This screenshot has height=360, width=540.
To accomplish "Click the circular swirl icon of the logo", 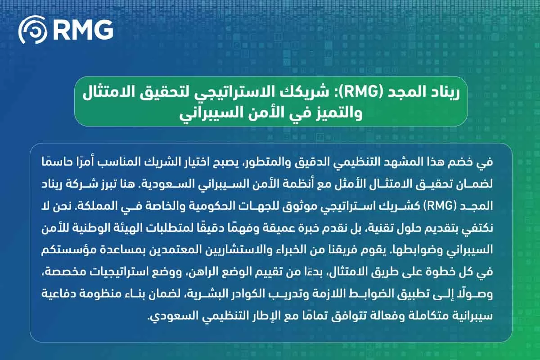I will [x=33, y=30].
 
